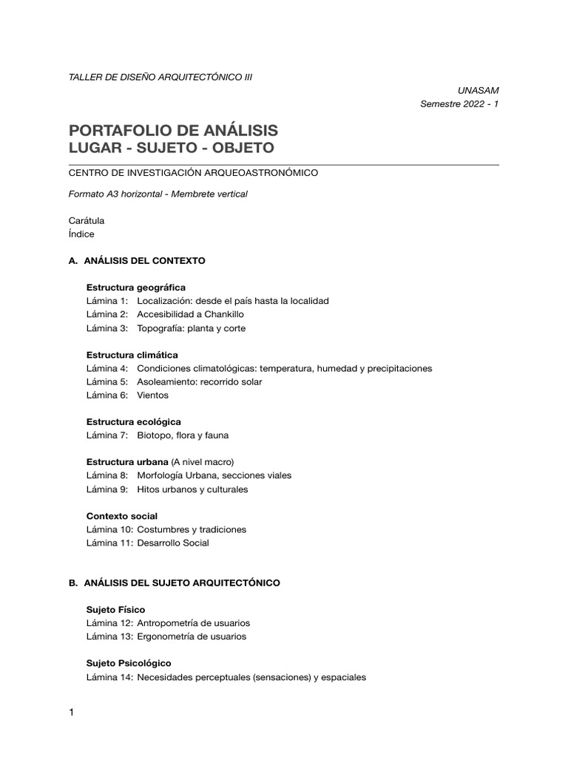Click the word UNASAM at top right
(x=479, y=90)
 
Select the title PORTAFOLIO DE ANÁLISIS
(x=173, y=130)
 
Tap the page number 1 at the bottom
(x=71, y=713)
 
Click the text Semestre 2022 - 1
(x=459, y=104)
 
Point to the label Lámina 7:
(x=107, y=435)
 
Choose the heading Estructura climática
(x=132, y=355)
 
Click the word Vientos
(x=153, y=396)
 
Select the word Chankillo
(x=219, y=314)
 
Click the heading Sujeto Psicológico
(x=129, y=663)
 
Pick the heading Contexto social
(x=122, y=516)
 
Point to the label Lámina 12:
(x=109, y=623)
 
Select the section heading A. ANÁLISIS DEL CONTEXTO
(x=137, y=261)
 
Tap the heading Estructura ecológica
(x=134, y=421)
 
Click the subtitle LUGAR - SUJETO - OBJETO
(x=171, y=148)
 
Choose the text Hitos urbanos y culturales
(x=192, y=489)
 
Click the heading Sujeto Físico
(x=116, y=609)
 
